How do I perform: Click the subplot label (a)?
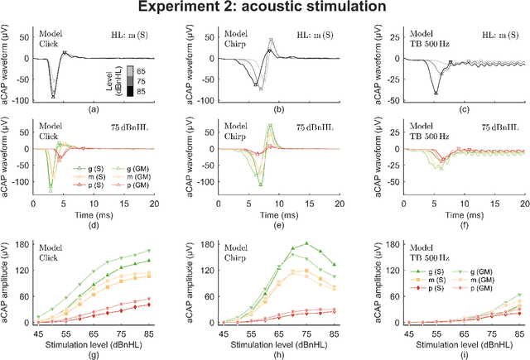pos(94,108)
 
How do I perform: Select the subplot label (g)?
pos(94,352)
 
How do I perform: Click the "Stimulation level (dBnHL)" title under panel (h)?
pos(271,338)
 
